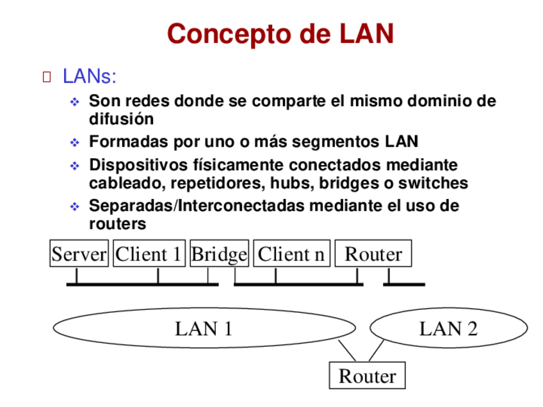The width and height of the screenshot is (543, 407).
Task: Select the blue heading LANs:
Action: [x=90, y=77]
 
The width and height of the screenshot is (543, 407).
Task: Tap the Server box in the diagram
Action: [x=79, y=254]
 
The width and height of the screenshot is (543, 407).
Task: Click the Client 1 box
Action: [x=149, y=254]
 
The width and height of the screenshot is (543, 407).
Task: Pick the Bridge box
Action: [x=219, y=254]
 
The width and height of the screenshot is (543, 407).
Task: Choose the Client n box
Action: [x=291, y=254]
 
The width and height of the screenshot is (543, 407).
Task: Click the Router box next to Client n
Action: [x=373, y=254]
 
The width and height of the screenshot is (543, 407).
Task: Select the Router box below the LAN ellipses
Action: [x=367, y=376]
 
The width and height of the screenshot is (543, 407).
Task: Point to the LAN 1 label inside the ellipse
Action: [x=204, y=329]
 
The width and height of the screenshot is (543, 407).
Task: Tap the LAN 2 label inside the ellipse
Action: [x=448, y=329]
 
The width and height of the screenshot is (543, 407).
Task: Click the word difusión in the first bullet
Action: [x=121, y=119]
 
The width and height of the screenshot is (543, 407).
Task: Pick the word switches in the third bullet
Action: [x=433, y=184]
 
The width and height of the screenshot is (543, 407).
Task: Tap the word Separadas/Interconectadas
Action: [x=197, y=206]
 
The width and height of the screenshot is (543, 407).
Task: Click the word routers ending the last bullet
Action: [x=117, y=225]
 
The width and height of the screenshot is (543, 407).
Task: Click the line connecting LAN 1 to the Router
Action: [x=346, y=351]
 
